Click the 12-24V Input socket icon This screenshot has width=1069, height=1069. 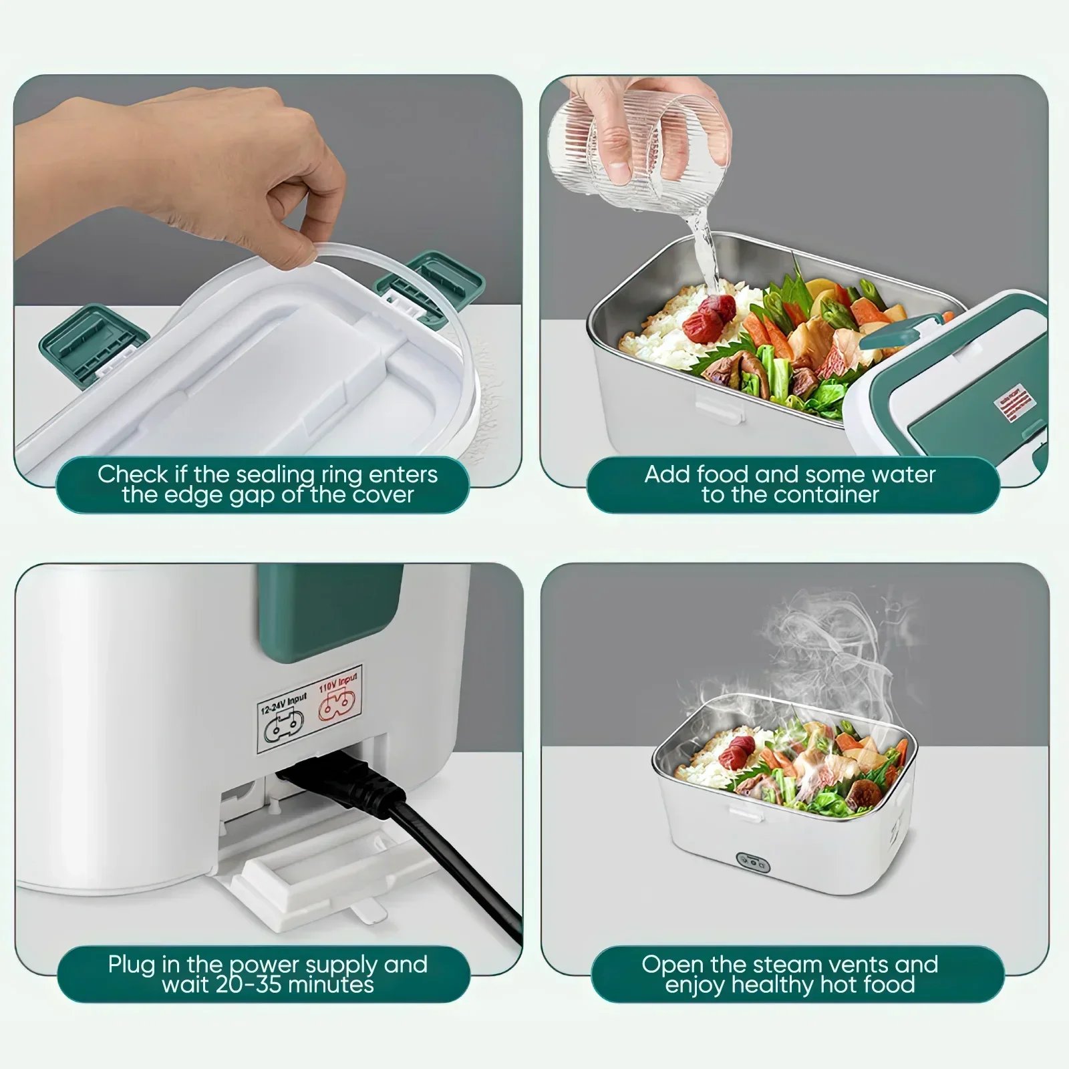[x=284, y=727]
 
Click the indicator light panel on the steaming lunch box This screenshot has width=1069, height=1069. [x=753, y=863]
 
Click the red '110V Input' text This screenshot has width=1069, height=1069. [x=337, y=682]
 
